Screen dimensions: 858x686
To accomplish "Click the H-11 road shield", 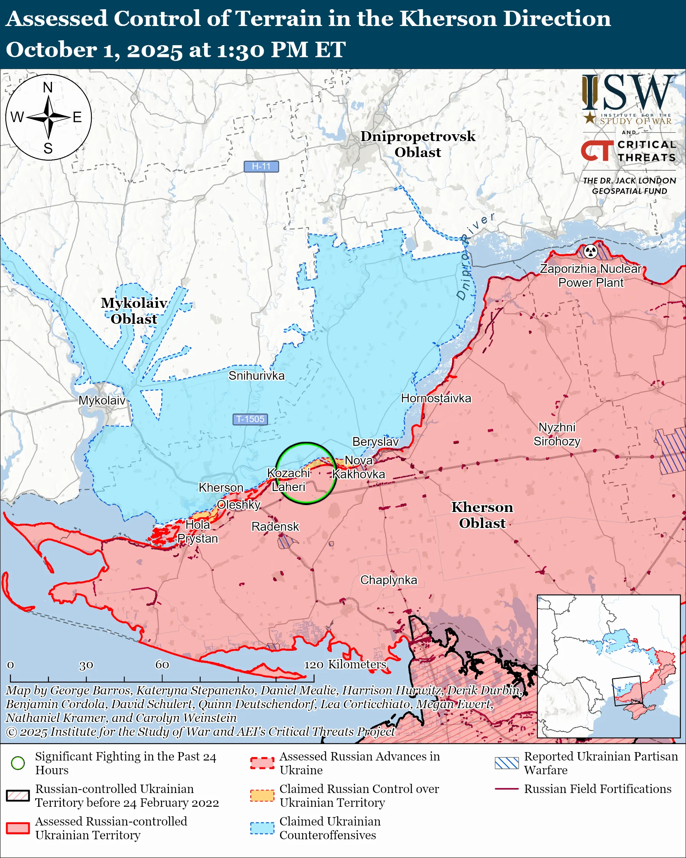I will point(261,166).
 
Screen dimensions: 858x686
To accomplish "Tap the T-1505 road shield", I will point(250,419).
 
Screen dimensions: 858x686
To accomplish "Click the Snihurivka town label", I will point(256,376).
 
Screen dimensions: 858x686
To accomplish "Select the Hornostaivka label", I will point(436,398).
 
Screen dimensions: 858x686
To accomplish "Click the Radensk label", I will point(275,526).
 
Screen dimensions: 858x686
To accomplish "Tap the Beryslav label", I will point(375,441).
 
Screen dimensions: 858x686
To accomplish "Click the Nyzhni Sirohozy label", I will point(557,434).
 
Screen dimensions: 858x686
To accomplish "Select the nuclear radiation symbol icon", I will point(590,251).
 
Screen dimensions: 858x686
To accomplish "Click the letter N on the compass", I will point(48,87).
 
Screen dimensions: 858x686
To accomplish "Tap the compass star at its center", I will point(49,117).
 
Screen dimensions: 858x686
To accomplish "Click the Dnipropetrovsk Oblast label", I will point(418,144).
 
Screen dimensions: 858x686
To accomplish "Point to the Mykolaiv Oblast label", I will point(134,311).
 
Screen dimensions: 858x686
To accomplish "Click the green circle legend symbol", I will point(18,763).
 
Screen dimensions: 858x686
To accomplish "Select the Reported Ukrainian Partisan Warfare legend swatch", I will point(507,763).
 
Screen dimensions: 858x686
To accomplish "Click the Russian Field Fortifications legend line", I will point(507,789).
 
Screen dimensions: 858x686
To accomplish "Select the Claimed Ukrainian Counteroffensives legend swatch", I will point(262,828).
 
